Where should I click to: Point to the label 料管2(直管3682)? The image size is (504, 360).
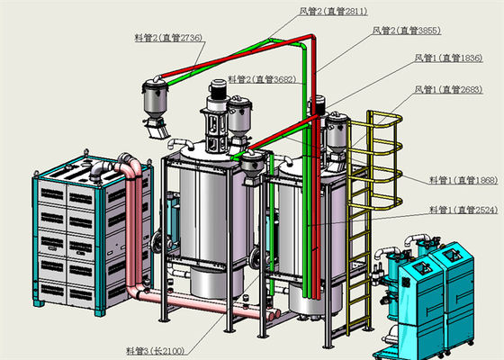[x=261, y=79]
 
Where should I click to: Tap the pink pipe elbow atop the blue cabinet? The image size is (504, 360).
[x=127, y=166]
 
